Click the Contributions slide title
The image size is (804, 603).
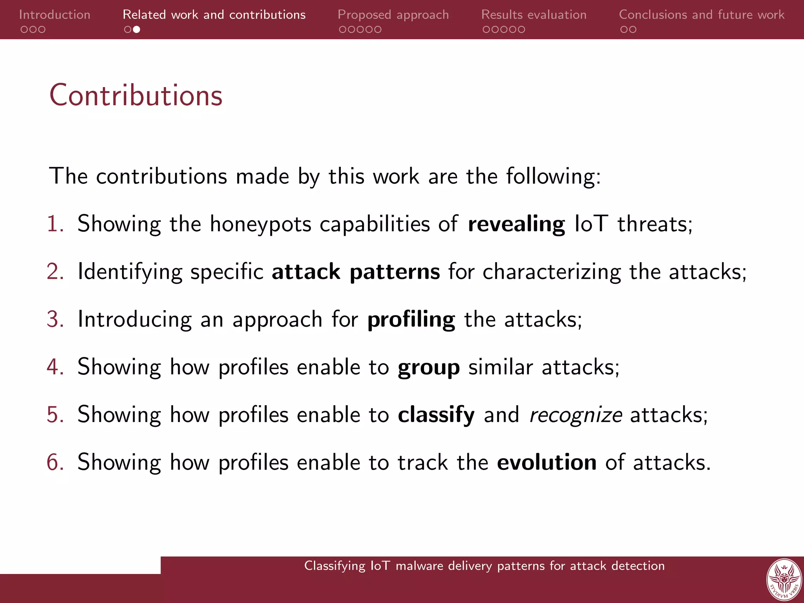point(136,95)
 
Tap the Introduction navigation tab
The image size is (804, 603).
point(55,15)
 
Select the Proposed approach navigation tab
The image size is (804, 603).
point(393,15)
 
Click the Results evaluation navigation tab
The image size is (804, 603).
point(534,15)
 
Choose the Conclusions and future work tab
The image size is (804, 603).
point(701,15)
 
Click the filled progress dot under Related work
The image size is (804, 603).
point(137,29)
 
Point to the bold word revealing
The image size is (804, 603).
point(516,224)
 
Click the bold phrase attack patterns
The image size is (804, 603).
point(355,272)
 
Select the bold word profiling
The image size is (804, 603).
point(411,320)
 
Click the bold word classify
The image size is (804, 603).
point(436,415)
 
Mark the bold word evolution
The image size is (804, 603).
point(546,462)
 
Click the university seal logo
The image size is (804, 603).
point(784,580)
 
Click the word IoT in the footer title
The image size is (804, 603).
point(380,566)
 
